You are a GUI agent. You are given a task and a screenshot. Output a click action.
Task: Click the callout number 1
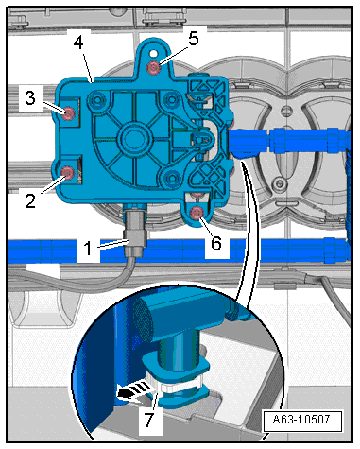click(88, 248)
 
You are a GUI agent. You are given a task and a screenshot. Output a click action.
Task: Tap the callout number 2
click(30, 200)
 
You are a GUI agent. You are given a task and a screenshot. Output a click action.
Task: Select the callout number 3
click(30, 97)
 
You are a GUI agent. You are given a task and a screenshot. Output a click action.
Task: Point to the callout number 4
click(78, 42)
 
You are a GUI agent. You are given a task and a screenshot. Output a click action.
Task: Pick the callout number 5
click(194, 39)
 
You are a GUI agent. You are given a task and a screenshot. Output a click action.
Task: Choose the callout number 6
click(216, 243)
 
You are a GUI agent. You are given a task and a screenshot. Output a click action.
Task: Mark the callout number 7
click(149, 420)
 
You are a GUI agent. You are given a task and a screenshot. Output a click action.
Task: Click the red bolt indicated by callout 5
click(154, 67)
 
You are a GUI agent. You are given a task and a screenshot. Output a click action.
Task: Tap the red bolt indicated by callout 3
click(68, 113)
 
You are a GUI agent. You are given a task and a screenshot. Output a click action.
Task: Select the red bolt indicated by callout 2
click(67, 173)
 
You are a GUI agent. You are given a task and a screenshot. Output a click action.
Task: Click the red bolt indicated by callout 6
click(197, 213)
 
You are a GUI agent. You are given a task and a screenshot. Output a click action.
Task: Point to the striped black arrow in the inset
click(133, 390)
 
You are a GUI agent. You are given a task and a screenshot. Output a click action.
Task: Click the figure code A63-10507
click(301, 420)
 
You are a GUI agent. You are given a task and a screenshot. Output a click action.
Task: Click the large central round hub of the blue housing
click(134, 138)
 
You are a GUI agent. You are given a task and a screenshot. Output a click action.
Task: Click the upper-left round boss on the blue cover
click(97, 100)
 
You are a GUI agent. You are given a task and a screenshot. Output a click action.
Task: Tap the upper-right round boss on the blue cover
click(172, 100)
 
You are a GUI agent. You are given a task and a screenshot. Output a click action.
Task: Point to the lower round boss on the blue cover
click(172, 179)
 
